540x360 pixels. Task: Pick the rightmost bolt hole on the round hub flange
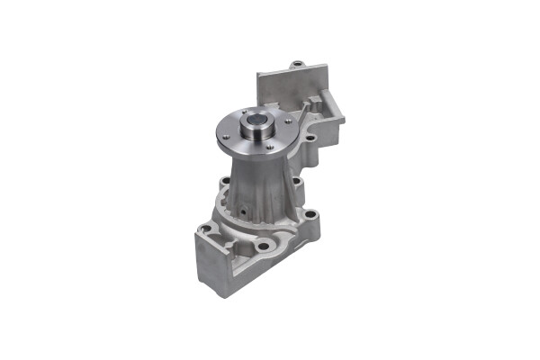coord(287,121)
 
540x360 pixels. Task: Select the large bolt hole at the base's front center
coord(263,245)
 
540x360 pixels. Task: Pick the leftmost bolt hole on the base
coord(206,229)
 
